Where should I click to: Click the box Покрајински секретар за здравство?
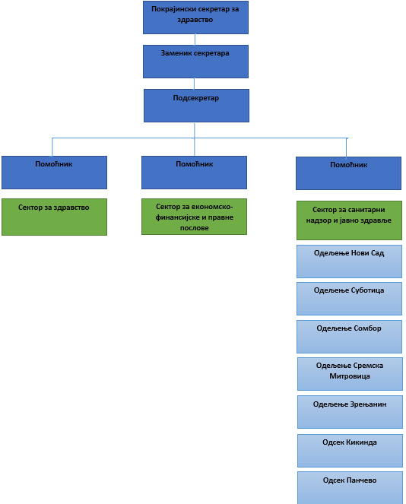click(x=195, y=17)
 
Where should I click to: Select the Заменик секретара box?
click(x=195, y=62)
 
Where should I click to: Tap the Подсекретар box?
click(x=196, y=106)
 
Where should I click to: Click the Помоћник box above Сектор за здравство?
click(x=54, y=173)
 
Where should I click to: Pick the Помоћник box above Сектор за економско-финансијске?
click(x=194, y=173)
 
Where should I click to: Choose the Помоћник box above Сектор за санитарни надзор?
click(x=348, y=173)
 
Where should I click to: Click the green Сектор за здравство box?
click(x=54, y=217)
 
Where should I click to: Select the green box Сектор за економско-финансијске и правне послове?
click(x=194, y=217)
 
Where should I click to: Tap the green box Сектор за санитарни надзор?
click(x=349, y=220)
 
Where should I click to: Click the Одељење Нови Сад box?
click(x=349, y=262)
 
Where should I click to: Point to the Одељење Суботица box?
click(x=349, y=299)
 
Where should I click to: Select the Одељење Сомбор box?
click(x=349, y=337)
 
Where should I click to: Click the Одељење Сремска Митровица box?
click(x=350, y=374)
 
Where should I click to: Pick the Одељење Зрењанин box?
click(x=350, y=412)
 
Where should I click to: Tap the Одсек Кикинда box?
click(x=350, y=451)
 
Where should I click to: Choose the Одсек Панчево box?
click(x=350, y=487)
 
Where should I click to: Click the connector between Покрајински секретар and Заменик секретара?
click(x=195, y=40)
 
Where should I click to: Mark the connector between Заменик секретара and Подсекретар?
click(x=194, y=84)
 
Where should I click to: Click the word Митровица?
click(x=350, y=376)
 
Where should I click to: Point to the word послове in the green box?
click(x=194, y=228)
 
